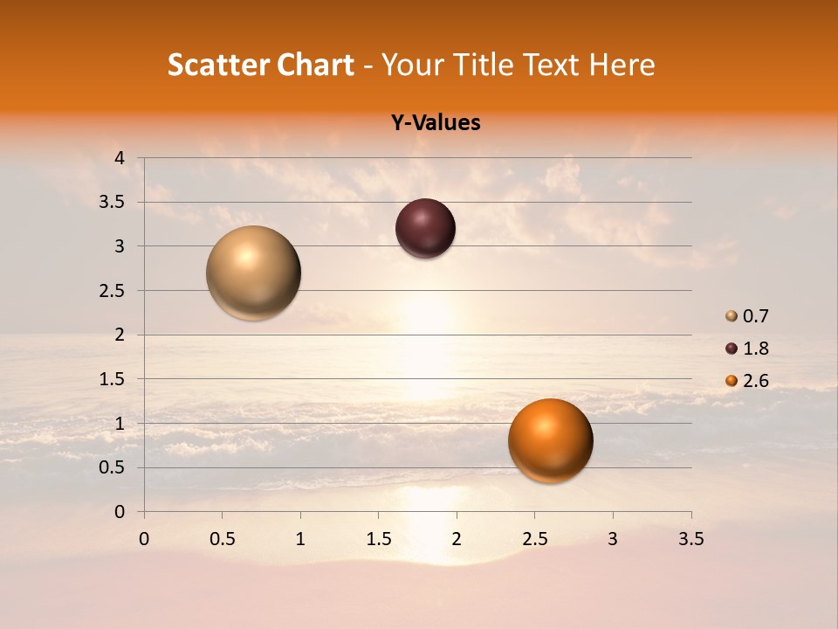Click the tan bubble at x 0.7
click(x=253, y=273)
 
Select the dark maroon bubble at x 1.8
click(x=425, y=228)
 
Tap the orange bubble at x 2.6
click(x=550, y=440)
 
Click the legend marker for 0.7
click(x=732, y=316)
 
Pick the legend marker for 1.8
click(x=732, y=349)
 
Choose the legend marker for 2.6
click(x=732, y=381)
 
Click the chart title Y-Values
click(x=435, y=122)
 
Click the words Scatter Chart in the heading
click(x=260, y=65)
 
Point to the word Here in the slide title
click(x=622, y=65)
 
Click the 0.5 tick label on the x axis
click(x=222, y=539)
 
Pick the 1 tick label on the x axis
click(x=300, y=539)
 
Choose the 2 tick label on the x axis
click(x=457, y=539)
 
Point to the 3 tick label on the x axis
click(x=613, y=539)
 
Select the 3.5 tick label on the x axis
click(x=690, y=539)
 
